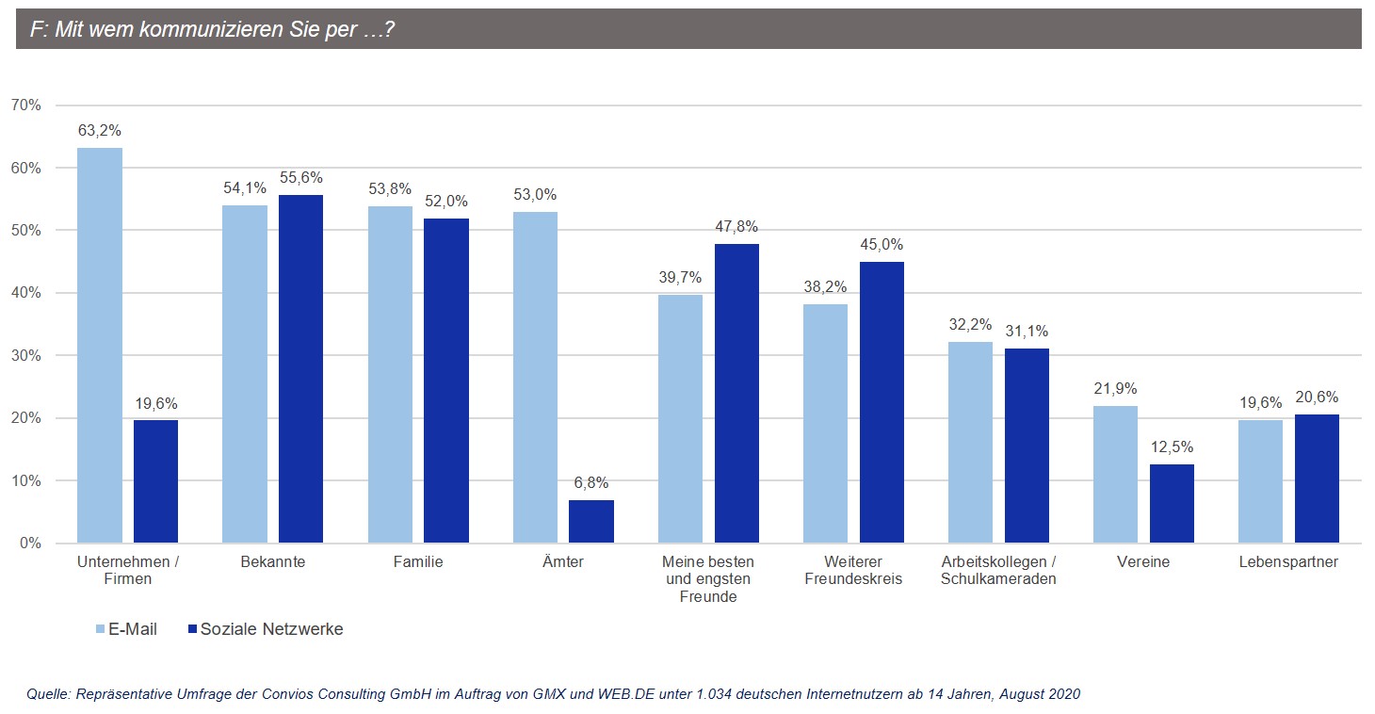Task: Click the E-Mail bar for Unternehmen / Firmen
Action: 100,345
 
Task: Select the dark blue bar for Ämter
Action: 591,521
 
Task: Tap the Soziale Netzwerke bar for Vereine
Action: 1172,503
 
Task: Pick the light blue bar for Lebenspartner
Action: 1260,480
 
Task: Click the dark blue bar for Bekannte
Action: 300,368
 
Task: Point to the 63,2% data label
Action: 100,130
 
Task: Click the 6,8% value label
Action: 591,482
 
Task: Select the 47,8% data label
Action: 736,226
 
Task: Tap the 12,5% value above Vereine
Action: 1172,446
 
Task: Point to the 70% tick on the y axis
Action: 27,105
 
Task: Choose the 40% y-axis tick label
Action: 27,293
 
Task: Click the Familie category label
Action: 418,562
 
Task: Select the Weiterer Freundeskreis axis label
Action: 853,570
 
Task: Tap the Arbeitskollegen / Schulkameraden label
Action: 998,570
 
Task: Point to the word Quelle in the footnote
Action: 47,694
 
